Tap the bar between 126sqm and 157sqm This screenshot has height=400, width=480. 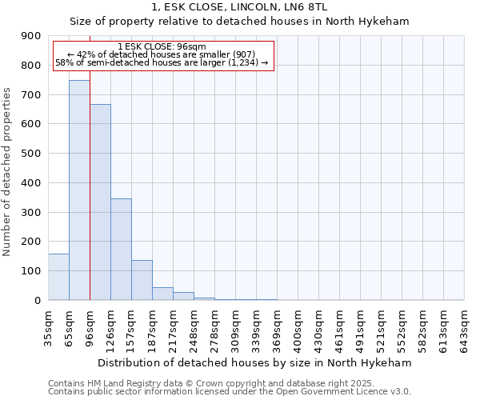click(121, 249)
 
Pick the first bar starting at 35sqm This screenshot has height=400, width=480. click(58, 277)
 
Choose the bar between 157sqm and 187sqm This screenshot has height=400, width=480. click(142, 280)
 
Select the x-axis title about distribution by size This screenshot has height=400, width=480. click(255, 362)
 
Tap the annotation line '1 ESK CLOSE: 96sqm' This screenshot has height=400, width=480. click(163, 46)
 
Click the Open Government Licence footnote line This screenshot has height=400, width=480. click(230, 391)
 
